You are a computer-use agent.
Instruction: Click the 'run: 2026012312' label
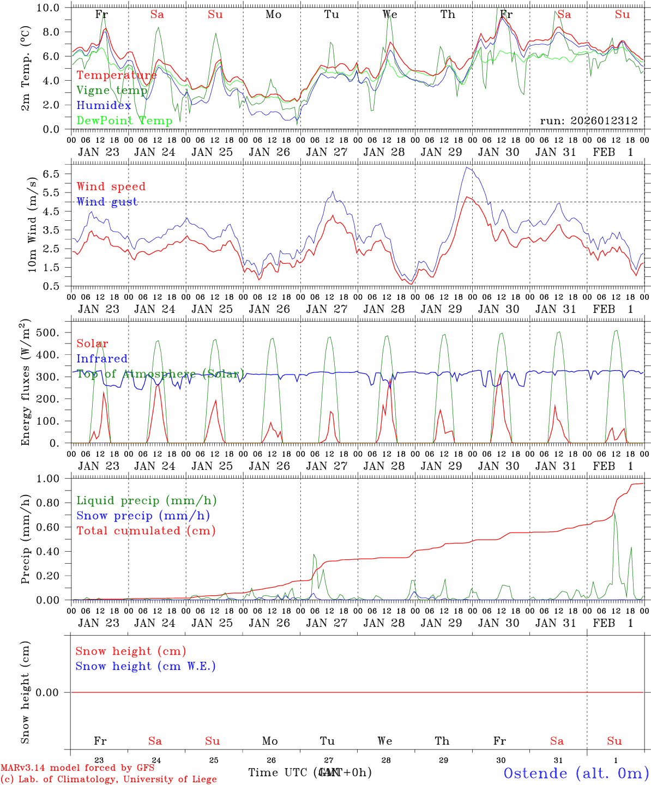(588, 120)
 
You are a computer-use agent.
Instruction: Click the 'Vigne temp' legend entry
(112, 90)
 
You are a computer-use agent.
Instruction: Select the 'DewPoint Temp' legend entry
(124, 120)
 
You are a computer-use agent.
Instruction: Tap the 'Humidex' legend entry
(104, 106)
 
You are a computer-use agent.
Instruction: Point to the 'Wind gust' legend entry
(107, 202)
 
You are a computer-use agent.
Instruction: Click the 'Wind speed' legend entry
(111, 186)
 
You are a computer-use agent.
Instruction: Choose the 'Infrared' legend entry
(102, 359)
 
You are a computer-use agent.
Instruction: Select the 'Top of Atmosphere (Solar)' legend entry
(160, 374)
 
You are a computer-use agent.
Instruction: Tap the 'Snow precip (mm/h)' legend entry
(143, 516)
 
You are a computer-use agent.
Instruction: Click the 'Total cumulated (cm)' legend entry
(146, 530)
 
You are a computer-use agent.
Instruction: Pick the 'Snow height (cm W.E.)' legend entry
(146, 666)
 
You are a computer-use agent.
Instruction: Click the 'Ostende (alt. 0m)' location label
(576, 773)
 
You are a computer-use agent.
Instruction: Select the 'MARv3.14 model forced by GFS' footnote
(77, 768)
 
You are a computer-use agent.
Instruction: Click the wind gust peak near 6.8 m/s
(467, 167)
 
